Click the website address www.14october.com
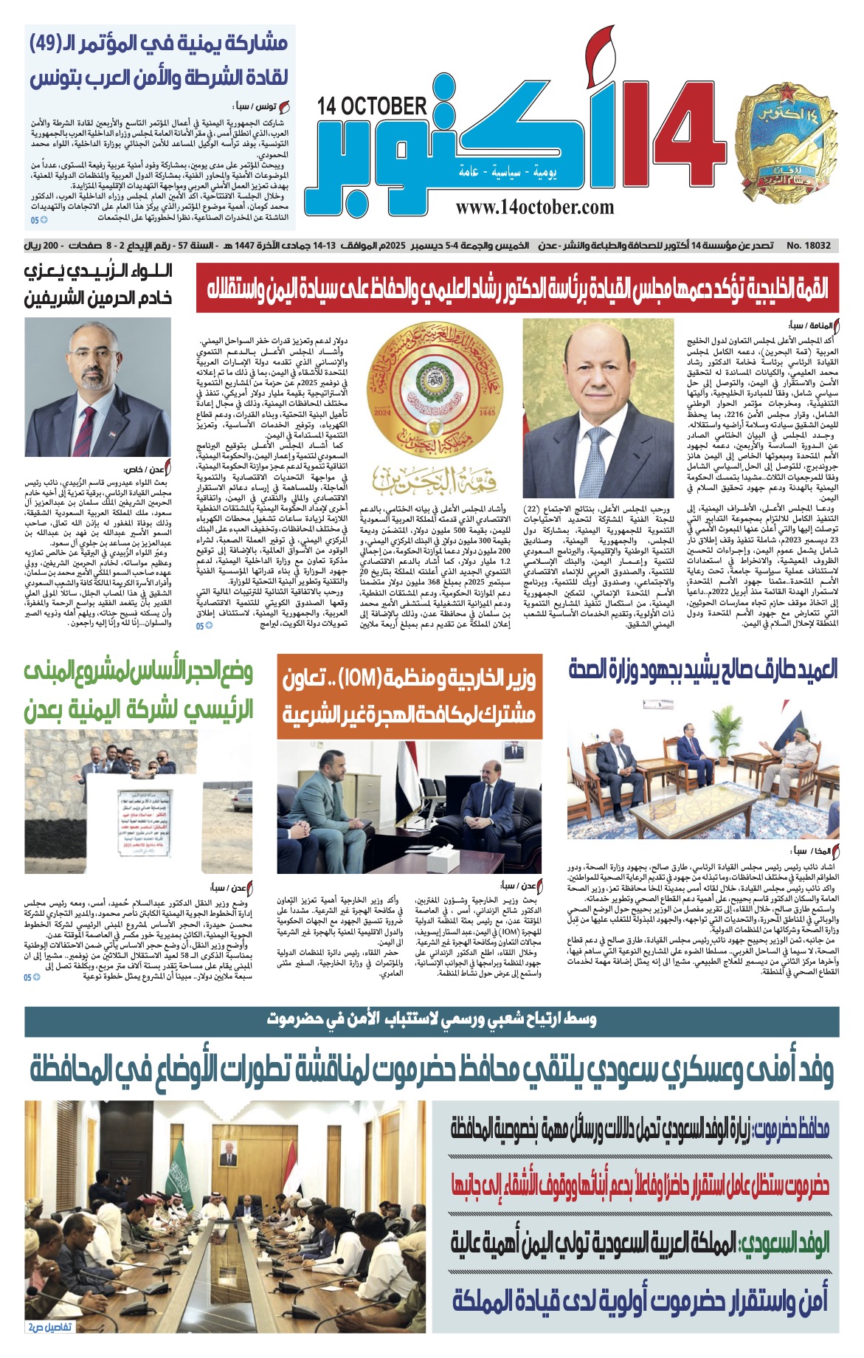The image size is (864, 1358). coord(534,208)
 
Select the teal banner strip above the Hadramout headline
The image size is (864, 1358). coord(432,1020)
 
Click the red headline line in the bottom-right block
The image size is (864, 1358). coord(640,1185)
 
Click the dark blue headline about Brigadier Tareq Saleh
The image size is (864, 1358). coord(703,669)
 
